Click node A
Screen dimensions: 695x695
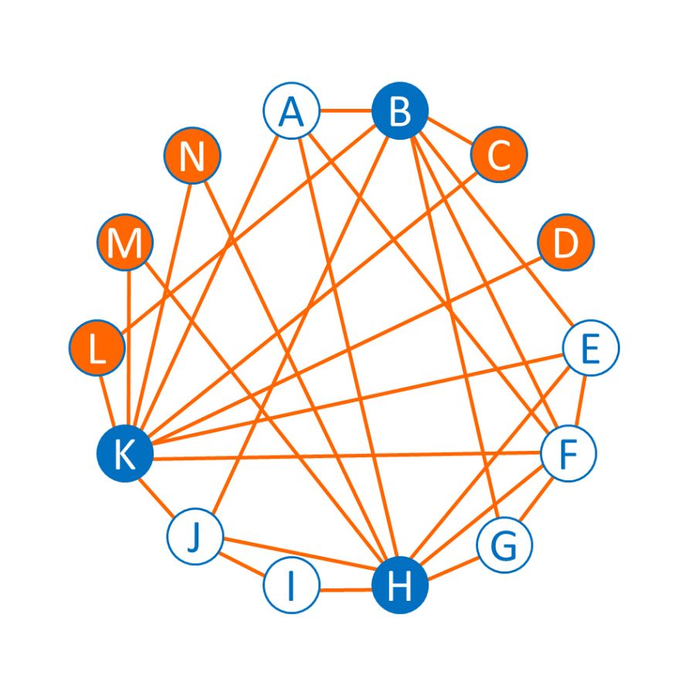pyautogui.click(x=291, y=111)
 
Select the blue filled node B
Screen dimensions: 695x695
pyautogui.click(x=400, y=111)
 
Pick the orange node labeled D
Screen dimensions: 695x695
pyautogui.click(x=566, y=242)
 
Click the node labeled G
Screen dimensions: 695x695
pyautogui.click(x=504, y=546)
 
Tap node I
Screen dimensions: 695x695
pyautogui.click(x=291, y=586)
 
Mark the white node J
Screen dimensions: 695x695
pyautogui.click(x=195, y=536)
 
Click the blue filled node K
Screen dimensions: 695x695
pyautogui.click(x=125, y=454)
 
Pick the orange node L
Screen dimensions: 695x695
pyautogui.click(x=97, y=348)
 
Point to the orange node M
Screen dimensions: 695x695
pyautogui.click(x=125, y=243)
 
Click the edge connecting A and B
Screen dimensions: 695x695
pyautogui.click(x=345, y=111)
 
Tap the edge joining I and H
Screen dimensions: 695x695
pyautogui.click(x=345, y=590)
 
